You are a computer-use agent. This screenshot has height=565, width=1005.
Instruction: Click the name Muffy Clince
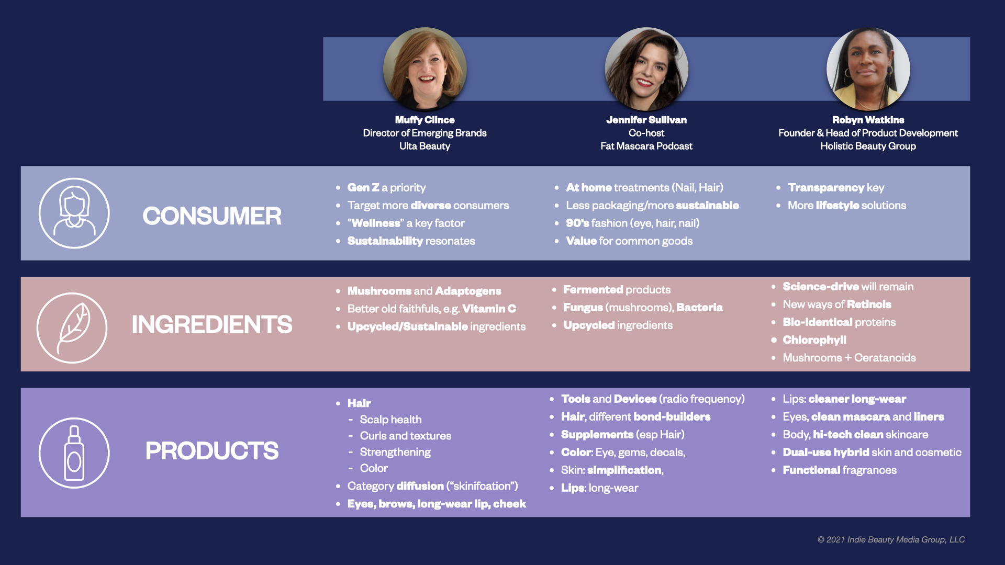425,120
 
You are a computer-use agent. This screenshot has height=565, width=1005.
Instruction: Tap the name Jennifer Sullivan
646,120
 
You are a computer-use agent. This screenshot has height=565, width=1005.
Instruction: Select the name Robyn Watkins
868,120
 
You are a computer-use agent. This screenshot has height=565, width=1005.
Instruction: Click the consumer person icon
74,213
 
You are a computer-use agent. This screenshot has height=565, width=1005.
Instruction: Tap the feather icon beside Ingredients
72,328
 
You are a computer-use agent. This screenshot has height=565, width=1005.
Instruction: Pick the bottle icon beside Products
74,453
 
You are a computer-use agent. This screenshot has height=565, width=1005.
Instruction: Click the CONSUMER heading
212,216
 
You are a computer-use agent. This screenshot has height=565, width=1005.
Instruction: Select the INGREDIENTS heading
212,325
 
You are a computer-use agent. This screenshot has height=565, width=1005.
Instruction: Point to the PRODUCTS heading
212,451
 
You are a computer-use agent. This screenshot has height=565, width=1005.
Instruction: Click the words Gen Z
363,187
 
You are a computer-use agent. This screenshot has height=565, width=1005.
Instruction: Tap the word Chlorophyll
814,340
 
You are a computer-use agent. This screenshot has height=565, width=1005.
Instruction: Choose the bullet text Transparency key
836,188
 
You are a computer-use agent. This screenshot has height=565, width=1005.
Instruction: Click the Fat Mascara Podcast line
646,146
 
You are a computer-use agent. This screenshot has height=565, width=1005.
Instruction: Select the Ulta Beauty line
425,146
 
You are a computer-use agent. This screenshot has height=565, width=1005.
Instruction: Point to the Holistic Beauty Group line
868,146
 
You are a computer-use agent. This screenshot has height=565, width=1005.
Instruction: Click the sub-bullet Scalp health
390,420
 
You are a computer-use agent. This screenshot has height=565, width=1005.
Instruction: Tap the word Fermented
593,289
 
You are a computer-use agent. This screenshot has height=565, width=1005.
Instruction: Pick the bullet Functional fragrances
840,470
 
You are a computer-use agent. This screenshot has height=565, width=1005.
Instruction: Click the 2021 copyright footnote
891,539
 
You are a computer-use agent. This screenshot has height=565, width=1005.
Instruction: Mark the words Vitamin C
489,309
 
